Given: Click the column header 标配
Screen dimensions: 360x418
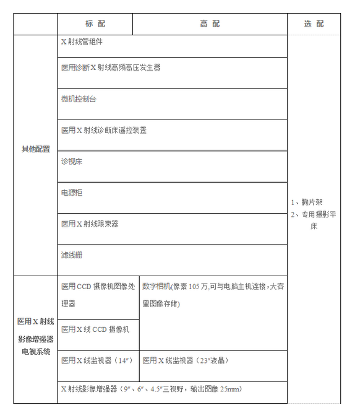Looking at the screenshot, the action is (x=95, y=24).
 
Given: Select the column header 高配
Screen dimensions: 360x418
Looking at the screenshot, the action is (x=210, y=24).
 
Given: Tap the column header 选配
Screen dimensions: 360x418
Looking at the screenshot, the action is (x=314, y=24).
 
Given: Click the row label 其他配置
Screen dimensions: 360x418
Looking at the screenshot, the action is (x=36, y=149).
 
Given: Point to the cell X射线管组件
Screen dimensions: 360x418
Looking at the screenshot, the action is (x=82, y=42).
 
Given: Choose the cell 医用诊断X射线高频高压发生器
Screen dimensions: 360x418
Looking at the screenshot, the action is (x=111, y=67).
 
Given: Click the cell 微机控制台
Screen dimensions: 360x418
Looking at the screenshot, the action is (x=79, y=99).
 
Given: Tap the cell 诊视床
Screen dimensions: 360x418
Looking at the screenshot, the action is (x=72, y=161).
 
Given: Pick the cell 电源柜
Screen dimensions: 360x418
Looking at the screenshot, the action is (x=72, y=193).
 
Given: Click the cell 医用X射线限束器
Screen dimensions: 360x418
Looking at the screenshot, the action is (x=90, y=224).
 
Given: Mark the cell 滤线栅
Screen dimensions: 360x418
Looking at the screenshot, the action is (x=72, y=255).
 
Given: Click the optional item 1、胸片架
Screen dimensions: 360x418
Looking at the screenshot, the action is (x=306, y=202).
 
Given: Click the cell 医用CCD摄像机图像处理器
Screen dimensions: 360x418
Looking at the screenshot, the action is (x=97, y=295).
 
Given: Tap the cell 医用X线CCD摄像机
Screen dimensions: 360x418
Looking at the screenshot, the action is (x=95, y=329).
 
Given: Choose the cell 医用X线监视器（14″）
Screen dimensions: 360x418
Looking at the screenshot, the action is (x=95, y=360).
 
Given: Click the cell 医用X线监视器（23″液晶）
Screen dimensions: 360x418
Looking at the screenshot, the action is (x=186, y=360).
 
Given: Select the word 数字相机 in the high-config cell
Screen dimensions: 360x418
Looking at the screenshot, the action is (x=156, y=287).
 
